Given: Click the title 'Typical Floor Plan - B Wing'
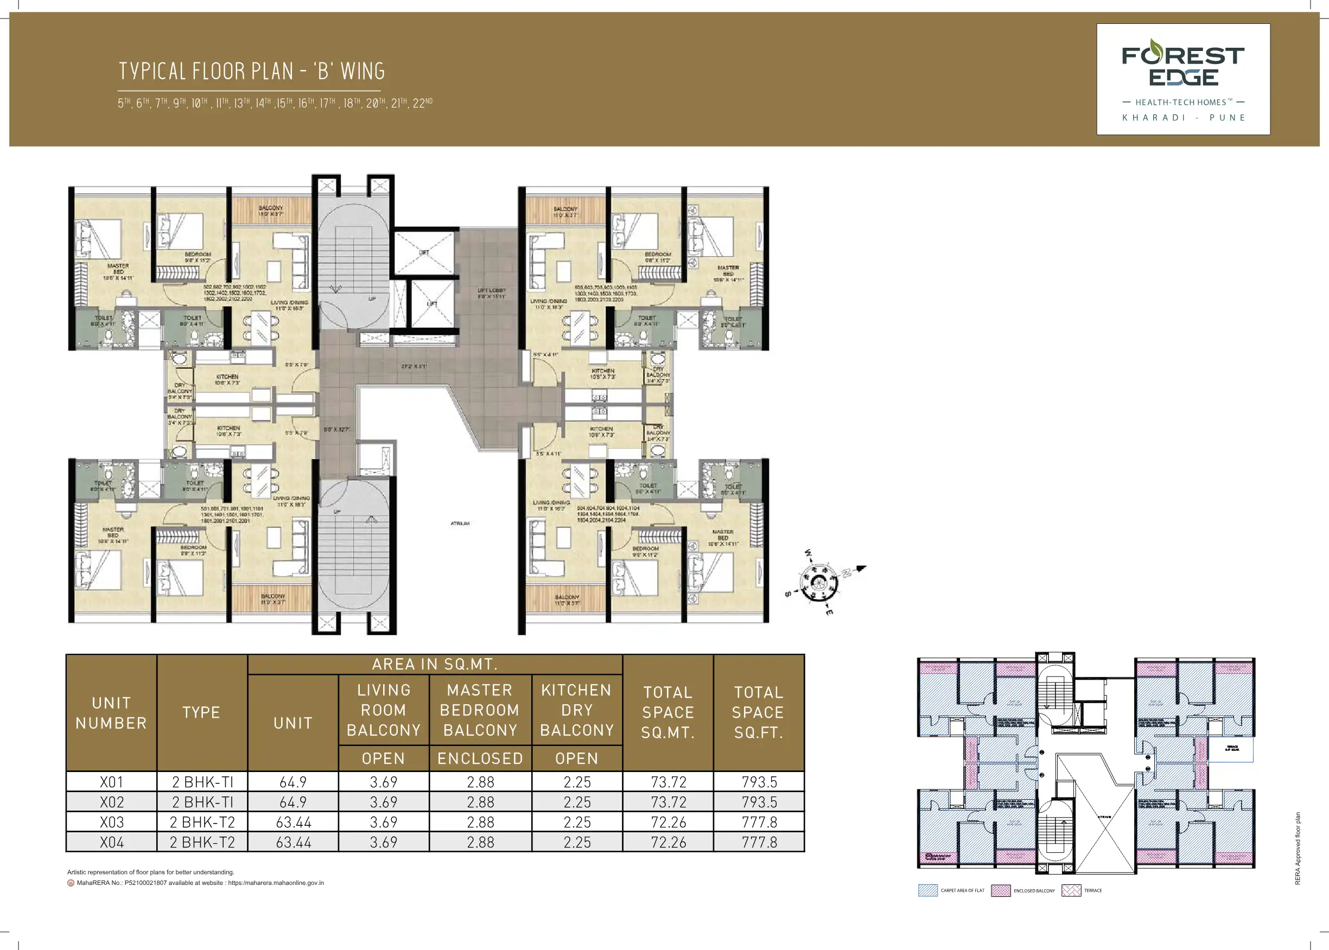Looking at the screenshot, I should pos(251,72).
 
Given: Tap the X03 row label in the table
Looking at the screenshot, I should pos(112,822).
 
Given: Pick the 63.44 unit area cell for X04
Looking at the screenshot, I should pos(293,843).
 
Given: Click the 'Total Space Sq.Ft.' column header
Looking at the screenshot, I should pos(759,712).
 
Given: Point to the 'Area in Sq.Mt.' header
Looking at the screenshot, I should pos(435,665).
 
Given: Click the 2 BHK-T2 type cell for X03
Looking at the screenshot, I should pos(202,822).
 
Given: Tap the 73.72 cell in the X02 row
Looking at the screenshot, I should pos(668,802).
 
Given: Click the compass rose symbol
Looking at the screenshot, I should pos(819,582).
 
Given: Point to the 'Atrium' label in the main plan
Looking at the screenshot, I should pos(460,524).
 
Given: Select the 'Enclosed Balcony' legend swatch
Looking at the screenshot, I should pos(1001,891).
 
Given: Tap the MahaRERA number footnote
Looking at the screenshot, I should pos(199,883).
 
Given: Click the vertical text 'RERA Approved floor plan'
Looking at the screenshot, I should pos(1298,848).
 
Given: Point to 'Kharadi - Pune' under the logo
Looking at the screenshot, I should pos(1184,118).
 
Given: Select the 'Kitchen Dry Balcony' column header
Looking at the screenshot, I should pos(577,710).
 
